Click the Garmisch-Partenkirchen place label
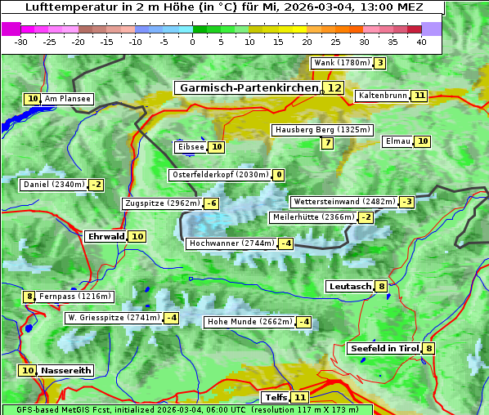point(248,87)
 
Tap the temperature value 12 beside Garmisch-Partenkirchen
point(333,87)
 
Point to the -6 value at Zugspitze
point(211,203)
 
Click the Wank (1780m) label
point(341,63)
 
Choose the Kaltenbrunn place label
point(382,96)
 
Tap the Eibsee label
point(190,147)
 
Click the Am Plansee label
point(67,99)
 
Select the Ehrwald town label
point(105,236)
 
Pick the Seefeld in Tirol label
point(384,348)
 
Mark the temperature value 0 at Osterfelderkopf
point(278,175)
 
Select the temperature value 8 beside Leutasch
point(381,286)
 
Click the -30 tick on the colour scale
point(21,41)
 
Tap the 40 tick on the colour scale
point(421,41)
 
